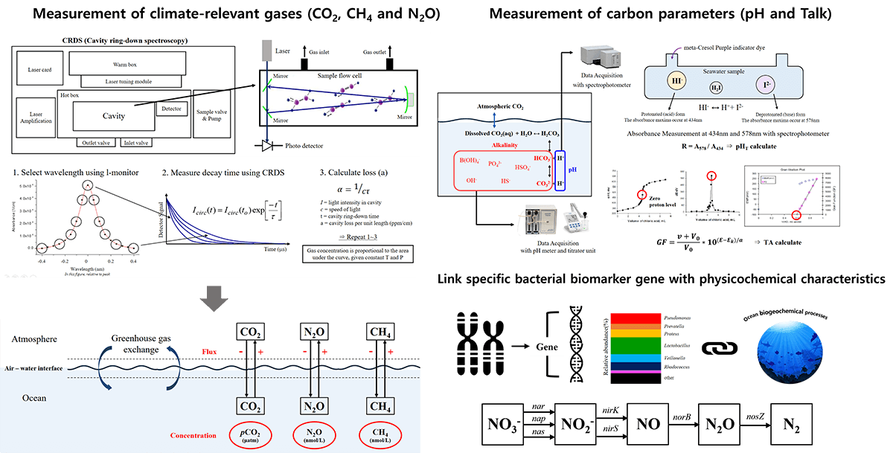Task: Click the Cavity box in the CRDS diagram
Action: click(115, 116)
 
